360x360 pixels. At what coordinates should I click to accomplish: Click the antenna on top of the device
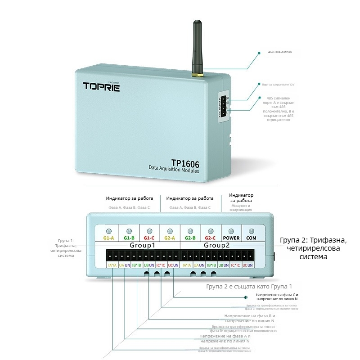coord(197,47)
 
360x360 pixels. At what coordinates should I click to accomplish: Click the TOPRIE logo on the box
coord(101,86)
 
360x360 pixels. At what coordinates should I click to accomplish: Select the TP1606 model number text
coord(185,163)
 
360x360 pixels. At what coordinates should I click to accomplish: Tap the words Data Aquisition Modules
coord(174,172)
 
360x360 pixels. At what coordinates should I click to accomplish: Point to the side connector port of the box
coord(223,107)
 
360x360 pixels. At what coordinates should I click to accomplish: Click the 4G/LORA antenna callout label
coord(279,52)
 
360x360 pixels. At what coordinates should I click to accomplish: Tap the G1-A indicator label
coord(108,237)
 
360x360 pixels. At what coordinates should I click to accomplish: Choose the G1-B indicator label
coord(129,237)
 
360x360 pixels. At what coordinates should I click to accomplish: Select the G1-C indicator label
coord(150,237)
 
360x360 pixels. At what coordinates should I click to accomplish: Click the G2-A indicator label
coord(170,237)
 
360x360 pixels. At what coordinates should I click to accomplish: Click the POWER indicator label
coord(231,237)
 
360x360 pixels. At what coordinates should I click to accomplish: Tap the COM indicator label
coord(251,237)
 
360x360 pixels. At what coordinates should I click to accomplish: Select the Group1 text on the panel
coord(142,246)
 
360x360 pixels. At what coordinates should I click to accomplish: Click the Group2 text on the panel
coord(217,246)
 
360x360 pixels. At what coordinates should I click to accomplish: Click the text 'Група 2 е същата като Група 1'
coord(249,286)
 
